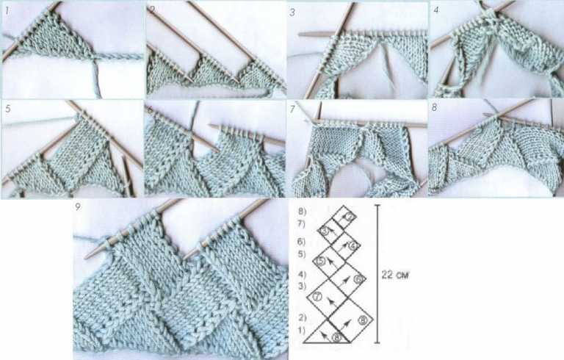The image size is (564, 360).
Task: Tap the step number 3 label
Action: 292,12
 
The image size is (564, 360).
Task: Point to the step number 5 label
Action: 7,109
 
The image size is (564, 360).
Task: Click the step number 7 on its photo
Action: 292,109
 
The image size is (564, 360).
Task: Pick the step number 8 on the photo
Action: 435,109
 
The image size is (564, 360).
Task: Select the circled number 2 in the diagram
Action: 350,216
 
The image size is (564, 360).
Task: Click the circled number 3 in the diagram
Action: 325,231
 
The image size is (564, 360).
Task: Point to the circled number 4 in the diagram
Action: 353,245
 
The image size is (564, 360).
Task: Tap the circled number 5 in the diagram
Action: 320,261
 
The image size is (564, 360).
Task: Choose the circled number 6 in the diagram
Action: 358,279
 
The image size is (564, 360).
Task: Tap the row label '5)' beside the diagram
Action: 300,253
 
